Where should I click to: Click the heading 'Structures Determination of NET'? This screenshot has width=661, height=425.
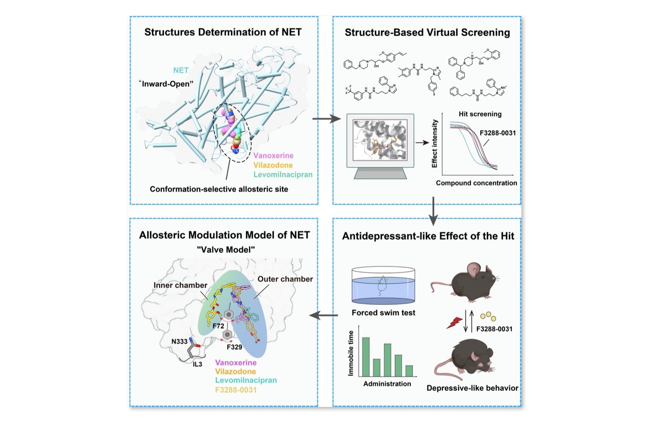tap(223, 32)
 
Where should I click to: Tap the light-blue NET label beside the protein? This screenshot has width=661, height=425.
tap(181, 70)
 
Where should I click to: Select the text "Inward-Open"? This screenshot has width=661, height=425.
tap(166, 84)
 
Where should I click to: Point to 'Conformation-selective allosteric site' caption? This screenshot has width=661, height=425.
tap(219, 189)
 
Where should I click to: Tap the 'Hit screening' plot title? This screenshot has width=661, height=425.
tap(480, 114)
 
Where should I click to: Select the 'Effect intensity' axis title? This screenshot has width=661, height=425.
tap(434, 143)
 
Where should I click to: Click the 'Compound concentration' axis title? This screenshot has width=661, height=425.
tap(476, 183)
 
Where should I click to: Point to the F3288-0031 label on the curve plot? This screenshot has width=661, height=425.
tap(497, 133)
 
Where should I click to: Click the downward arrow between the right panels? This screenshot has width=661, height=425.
tap(433, 211)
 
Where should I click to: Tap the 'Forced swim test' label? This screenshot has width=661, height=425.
tap(383, 313)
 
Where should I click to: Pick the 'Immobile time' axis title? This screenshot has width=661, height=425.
tap(351, 353)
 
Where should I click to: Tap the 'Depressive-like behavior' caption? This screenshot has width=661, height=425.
tap(472, 388)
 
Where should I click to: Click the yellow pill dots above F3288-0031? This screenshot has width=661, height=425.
tap(488, 316)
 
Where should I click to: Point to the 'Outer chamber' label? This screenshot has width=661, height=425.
tap(285, 279)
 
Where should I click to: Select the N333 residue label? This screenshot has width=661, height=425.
tap(179, 341)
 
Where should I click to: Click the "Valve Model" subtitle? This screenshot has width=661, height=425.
tap(226, 249)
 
